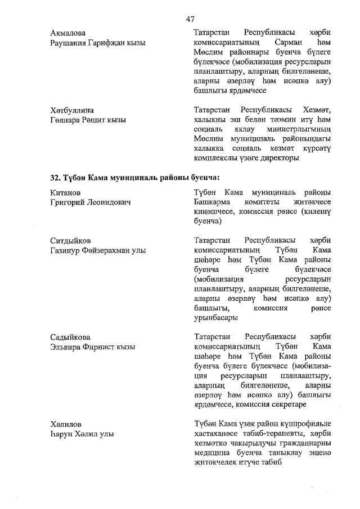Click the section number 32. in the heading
[x=56, y=178]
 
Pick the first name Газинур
[x=68, y=250]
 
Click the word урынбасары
[x=214, y=317]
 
